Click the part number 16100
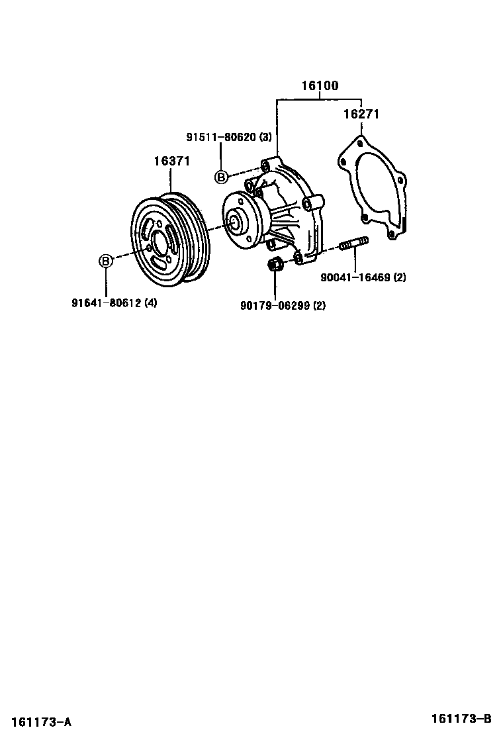point(320,86)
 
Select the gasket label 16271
point(361,114)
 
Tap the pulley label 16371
point(172,161)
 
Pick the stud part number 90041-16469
point(355,278)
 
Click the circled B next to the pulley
point(106,261)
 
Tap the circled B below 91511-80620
point(221,176)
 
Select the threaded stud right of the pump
point(353,247)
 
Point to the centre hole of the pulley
point(160,243)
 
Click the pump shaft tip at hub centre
point(233,222)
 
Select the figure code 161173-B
point(462,719)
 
